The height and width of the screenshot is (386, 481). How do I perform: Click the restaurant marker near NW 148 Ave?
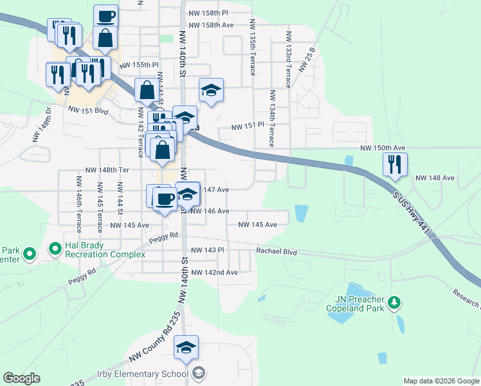395,165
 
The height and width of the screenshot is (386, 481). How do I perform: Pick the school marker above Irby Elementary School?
186,348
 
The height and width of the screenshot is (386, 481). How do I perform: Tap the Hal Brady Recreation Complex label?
105,250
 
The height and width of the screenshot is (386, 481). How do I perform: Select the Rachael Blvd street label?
277,252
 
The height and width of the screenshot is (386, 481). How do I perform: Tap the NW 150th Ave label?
383,148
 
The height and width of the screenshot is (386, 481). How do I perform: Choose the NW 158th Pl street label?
209,13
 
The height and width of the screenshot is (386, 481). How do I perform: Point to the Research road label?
467,297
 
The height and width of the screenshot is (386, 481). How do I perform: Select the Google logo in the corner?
21,378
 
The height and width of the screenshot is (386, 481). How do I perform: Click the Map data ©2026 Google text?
440,381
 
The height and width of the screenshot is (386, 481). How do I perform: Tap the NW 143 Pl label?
207,250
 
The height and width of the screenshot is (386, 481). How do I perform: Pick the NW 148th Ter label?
107,170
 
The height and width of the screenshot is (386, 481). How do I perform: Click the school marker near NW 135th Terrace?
210,91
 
